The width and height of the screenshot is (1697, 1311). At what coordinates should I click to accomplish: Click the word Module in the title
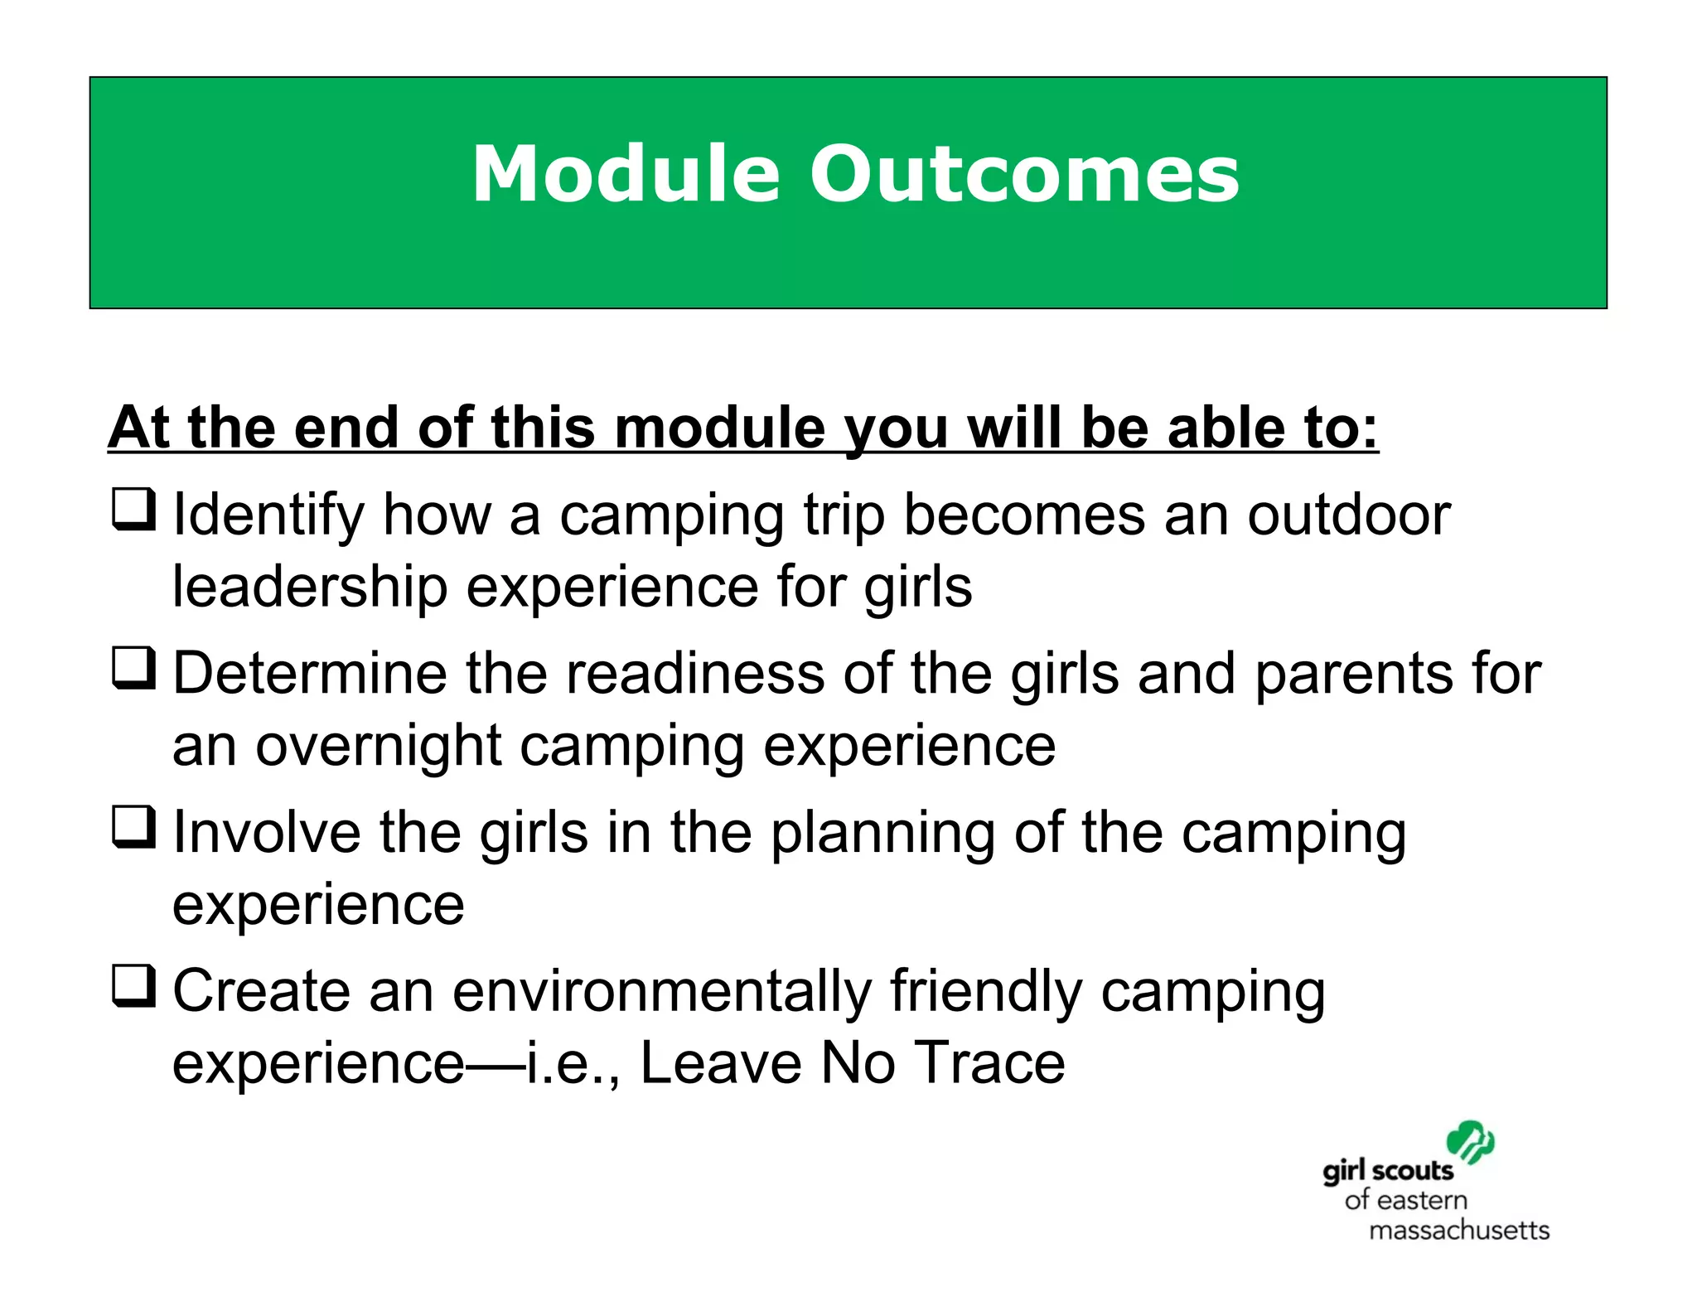626,174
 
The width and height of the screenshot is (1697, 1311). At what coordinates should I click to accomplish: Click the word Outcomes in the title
1024,174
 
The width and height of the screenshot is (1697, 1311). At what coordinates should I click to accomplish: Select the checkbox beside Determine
133,669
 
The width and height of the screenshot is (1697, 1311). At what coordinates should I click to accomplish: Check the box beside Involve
133,828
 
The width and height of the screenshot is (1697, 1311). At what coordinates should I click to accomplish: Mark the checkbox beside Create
133,986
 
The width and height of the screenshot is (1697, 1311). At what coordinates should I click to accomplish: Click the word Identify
268,516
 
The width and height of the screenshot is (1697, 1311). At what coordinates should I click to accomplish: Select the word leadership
310,588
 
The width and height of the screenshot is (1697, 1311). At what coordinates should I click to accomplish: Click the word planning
882,834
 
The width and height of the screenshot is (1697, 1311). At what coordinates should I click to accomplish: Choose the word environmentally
663,991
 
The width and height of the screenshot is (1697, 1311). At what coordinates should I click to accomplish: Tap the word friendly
986,991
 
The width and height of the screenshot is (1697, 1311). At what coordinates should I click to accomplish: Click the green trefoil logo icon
1470,1143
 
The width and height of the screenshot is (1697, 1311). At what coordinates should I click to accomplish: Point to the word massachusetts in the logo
1458,1230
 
